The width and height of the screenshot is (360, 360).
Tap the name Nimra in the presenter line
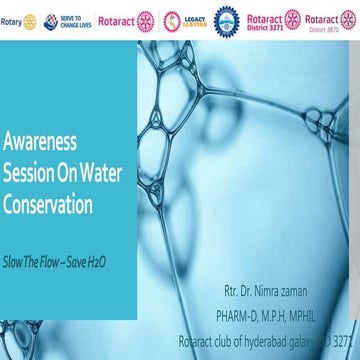274,295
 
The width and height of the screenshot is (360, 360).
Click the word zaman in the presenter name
315,295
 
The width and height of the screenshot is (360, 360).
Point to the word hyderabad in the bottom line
268,337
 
